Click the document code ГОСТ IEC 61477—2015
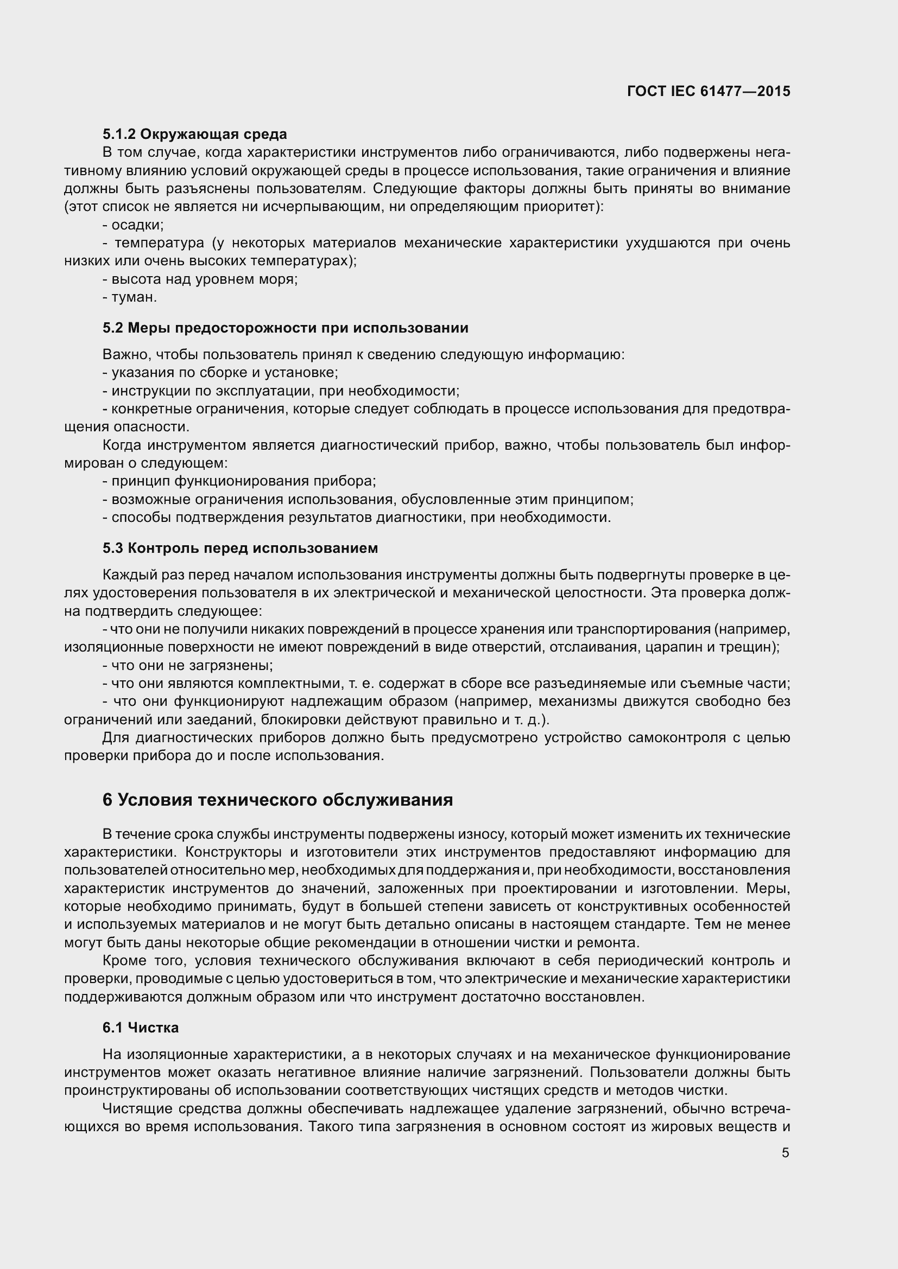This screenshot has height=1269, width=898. coord(709,91)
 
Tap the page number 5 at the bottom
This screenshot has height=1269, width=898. coord(785,1153)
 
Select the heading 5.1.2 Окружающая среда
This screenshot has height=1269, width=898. coord(195,135)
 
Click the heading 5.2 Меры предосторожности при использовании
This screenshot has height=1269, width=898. coord(286,328)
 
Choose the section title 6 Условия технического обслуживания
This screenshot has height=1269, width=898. coord(277,800)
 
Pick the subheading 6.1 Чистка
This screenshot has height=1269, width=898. coord(141,1028)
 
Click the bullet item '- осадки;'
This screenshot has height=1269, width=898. coord(132,225)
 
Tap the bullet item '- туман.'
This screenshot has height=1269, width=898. coord(130,297)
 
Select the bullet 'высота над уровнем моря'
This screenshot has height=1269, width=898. coord(200,279)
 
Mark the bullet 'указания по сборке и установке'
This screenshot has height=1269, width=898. coord(220,373)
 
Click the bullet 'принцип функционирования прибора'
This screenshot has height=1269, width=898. coord(239,481)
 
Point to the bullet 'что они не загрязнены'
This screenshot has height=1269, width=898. coord(188,666)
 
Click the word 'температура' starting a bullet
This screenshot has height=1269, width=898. coord(159,243)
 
